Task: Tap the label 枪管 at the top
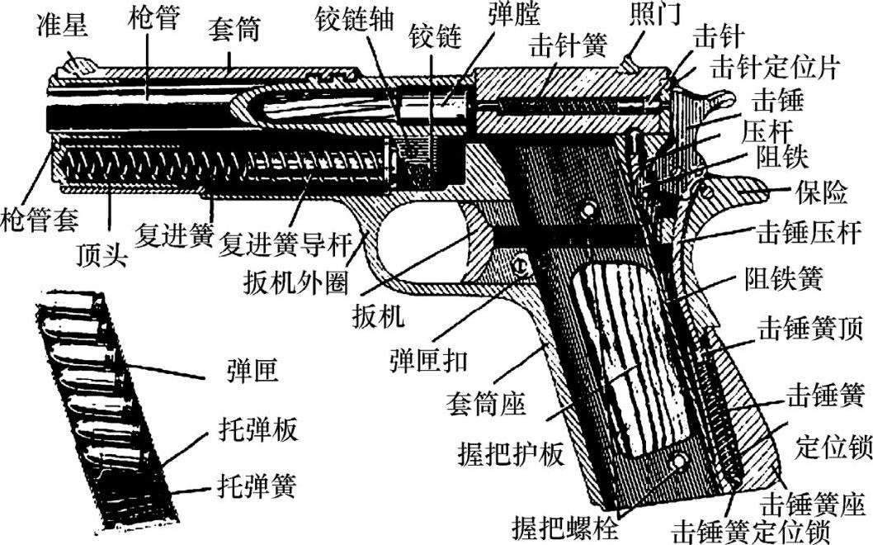coord(154,18)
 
